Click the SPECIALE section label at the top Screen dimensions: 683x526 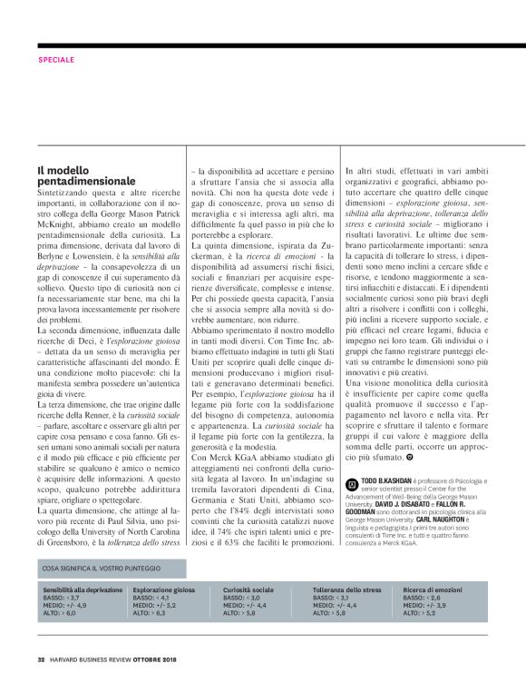(x=57, y=60)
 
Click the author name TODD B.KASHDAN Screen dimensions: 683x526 (x=390, y=476)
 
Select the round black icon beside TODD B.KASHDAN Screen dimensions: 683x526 (x=353, y=477)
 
